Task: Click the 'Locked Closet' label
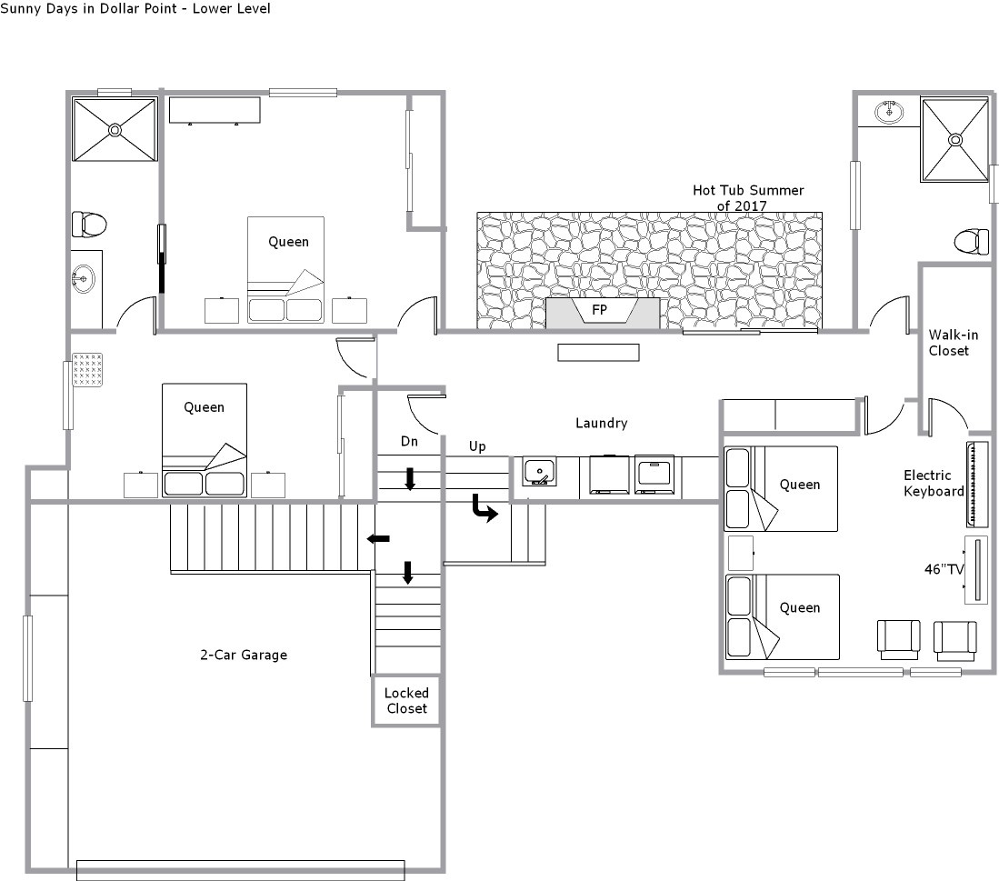click(406, 701)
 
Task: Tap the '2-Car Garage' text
click(244, 655)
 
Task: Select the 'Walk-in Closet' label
click(954, 343)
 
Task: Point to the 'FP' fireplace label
click(600, 310)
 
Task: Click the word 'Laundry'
click(602, 423)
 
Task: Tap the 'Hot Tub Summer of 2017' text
click(748, 198)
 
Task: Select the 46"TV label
click(944, 569)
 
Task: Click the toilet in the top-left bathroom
click(88, 225)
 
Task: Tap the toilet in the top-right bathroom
click(972, 242)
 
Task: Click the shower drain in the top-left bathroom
click(115, 130)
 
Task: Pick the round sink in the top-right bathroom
click(889, 112)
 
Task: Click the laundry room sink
click(539, 471)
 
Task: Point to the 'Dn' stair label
click(409, 442)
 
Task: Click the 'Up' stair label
click(477, 446)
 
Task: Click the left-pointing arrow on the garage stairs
click(378, 539)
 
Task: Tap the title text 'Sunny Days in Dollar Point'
click(88, 8)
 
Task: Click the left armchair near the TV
click(898, 639)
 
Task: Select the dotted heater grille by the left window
click(87, 370)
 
